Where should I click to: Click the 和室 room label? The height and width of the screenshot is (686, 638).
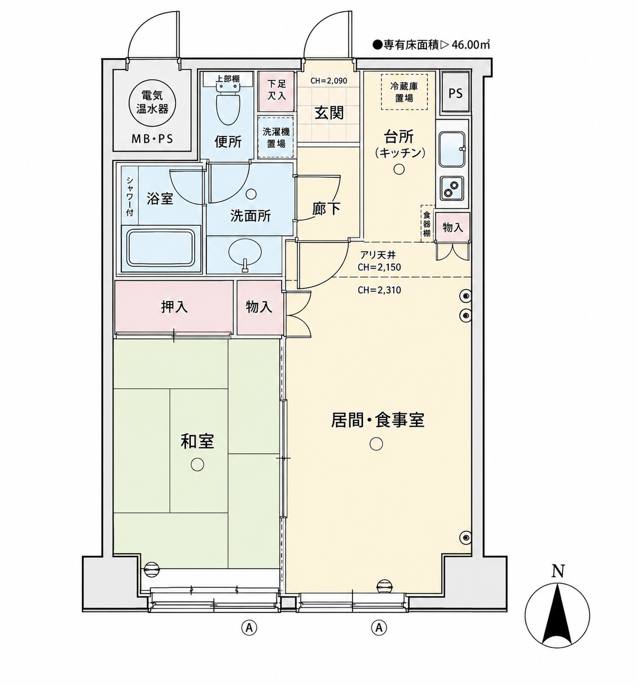click(x=197, y=442)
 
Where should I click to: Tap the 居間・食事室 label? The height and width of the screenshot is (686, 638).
click(x=377, y=420)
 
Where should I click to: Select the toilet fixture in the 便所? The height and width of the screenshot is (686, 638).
click(x=227, y=103)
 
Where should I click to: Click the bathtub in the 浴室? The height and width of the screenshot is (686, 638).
click(x=161, y=247)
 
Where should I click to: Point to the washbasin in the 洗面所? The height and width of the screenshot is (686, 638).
click(x=245, y=254)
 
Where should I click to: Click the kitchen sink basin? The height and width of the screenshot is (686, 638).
click(x=452, y=149)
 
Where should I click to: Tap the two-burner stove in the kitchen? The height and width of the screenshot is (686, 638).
click(x=452, y=188)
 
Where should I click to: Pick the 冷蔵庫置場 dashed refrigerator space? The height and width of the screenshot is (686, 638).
click(x=404, y=92)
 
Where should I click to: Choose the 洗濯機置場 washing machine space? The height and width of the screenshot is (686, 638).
click(x=276, y=137)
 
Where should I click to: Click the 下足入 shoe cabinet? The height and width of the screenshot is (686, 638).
click(x=277, y=91)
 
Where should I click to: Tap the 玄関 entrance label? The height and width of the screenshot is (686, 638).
click(x=329, y=112)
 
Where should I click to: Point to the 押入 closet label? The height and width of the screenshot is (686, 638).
click(x=175, y=307)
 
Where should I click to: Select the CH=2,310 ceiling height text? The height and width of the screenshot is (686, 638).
click(x=379, y=290)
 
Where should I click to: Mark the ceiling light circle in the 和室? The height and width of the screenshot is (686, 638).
click(x=197, y=464)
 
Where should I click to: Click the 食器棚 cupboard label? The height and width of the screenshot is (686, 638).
click(x=427, y=224)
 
